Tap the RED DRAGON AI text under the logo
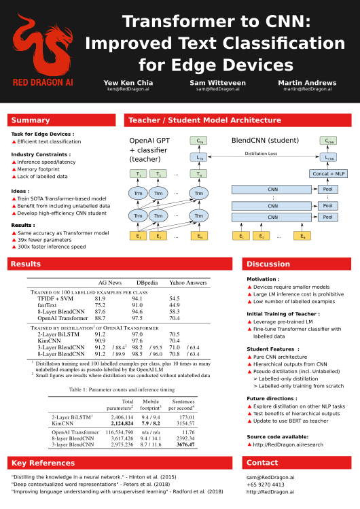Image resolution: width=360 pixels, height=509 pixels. click(x=43, y=82)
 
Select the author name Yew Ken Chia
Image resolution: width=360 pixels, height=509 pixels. click(x=128, y=83)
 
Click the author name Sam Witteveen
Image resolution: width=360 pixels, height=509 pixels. click(x=217, y=83)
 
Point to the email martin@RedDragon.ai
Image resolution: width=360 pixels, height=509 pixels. click(x=307, y=89)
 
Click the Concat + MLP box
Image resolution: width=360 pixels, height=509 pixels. click(x=328, y=174)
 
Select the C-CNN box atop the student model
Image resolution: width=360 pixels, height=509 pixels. click(x=328, y=141)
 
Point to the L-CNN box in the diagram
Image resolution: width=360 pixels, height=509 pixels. click(x=328, y=157)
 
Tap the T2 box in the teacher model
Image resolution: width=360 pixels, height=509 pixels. click(x=158, y=174)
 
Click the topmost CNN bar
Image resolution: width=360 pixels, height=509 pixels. click(x=272, y=190)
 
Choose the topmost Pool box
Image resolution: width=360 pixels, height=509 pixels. click(x=327, y=190)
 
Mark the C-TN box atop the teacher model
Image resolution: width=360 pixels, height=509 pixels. click(x=198, y=141)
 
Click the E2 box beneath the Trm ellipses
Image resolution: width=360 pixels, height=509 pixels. click(x=158, y=236)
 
